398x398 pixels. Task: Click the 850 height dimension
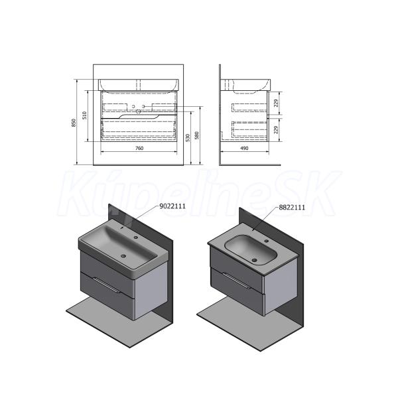point(74,123)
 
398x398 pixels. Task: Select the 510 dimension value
point(85,115)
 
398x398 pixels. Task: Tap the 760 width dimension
point(139,148)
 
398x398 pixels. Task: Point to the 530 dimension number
point(188,138)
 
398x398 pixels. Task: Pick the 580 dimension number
point(196,135)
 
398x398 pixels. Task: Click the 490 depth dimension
point(244,148)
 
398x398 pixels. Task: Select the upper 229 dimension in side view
point(276,103)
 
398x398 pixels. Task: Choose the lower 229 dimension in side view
point(276,129)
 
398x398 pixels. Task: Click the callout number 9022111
point(172,206)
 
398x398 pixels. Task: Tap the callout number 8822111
point(292,208)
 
